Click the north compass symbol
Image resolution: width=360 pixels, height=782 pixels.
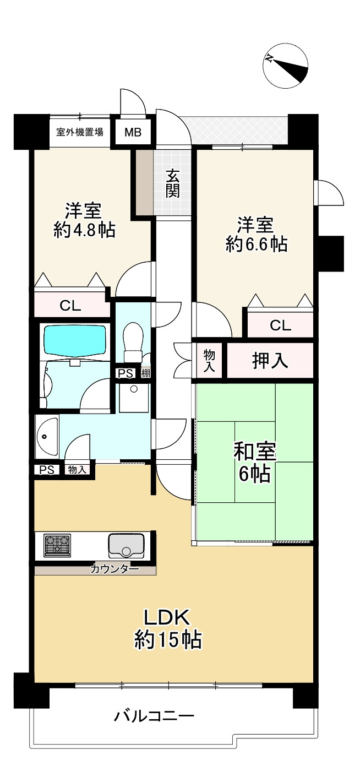click(x=285, y=66)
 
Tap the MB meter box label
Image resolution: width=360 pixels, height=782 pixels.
click(x=133, y=132)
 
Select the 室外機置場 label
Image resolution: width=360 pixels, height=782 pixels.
click(x=80, y=132)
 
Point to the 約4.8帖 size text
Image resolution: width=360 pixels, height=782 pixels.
click(x=84, y=230)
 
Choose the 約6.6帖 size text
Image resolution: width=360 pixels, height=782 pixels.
click(x=257, y=244)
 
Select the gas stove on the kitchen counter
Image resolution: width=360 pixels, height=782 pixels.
click(x=57, y=545)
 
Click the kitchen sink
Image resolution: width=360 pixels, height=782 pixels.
click(x=126, y=546)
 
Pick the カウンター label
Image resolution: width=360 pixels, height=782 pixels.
click(x=114, y=569)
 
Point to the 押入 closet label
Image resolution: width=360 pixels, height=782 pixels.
click(x=270, y=361)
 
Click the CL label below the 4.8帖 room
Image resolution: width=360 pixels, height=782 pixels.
click(x=70, y=306)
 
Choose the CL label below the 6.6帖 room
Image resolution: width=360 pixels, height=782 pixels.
click(x=280, y=325)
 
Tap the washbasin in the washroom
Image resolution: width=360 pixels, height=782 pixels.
click(x=47, y=436)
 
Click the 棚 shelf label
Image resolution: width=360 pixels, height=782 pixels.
click(x=145, y=373)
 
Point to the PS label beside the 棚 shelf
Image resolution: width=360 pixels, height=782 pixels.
click(x=126, y=373)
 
